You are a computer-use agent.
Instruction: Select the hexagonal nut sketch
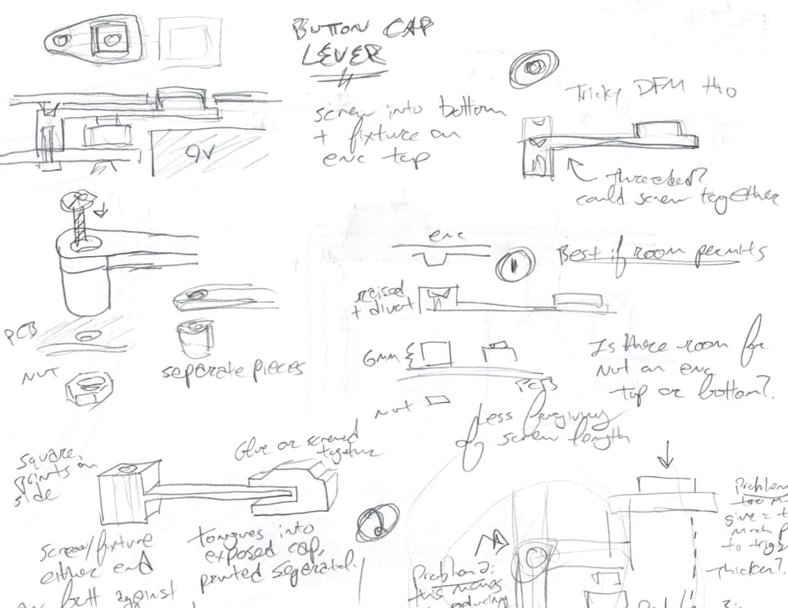89,386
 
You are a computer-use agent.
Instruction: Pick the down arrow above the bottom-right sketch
666,452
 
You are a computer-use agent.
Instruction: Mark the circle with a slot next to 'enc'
515,264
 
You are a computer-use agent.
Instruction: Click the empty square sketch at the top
190,43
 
